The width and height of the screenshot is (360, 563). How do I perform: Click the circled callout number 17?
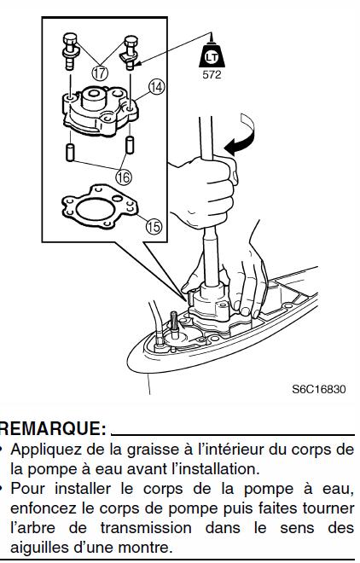[100, 73]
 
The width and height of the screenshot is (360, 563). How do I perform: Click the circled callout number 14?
[157, 87]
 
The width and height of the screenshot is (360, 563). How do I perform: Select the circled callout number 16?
[124, 177]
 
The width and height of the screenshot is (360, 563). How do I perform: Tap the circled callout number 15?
[154, 227]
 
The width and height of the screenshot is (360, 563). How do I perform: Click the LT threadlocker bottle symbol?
[212, 55]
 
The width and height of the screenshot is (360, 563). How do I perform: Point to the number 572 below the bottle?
[212, 75]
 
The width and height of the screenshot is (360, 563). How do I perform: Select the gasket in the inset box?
[100, 207]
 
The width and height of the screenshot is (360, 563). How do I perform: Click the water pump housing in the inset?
[100, 110]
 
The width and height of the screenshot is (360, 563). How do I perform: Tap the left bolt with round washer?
[70, 51]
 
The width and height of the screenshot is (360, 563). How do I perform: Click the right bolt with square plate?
[130, 52]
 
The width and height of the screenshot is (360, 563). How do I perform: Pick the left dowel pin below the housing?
[70, 152]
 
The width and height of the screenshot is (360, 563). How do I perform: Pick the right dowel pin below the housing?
[130, 145]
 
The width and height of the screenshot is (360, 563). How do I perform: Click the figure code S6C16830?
[319, 389]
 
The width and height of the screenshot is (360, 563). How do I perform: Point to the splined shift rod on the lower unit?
[174, 325]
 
